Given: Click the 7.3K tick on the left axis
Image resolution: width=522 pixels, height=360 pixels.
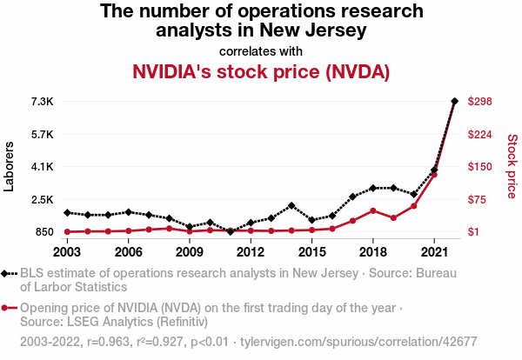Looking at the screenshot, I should (42, 102).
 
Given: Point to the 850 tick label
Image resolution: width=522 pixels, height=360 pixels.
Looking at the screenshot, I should (44, 232).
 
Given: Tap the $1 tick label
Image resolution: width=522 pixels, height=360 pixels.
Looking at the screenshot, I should (474, 232).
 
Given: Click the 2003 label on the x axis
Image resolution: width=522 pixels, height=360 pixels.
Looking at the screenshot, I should (67, 252).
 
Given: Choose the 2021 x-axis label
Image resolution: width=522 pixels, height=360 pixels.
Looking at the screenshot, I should (434, 252).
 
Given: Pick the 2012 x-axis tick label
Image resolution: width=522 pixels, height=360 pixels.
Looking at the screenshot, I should (251, 252).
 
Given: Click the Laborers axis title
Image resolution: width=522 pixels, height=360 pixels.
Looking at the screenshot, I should (10, 167).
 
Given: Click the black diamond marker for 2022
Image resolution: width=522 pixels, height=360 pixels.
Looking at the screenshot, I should (455, 102).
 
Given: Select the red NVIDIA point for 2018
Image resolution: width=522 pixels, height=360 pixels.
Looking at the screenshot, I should (373, 210).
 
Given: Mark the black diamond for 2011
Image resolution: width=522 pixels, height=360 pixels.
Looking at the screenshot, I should (231, 232).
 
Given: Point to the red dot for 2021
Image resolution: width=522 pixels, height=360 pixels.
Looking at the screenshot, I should (434, 175).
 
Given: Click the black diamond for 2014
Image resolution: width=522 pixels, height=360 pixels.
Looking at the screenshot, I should (291, 205).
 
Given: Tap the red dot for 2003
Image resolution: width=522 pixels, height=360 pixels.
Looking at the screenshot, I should (67, 231).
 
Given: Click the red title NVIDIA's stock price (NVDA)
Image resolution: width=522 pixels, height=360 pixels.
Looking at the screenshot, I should (261, 71).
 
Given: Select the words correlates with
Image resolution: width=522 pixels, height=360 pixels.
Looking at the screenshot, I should (261, 50).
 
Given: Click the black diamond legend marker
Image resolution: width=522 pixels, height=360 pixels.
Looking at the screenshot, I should (9, 274).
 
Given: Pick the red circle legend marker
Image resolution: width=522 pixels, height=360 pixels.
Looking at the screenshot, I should (9, 309).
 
